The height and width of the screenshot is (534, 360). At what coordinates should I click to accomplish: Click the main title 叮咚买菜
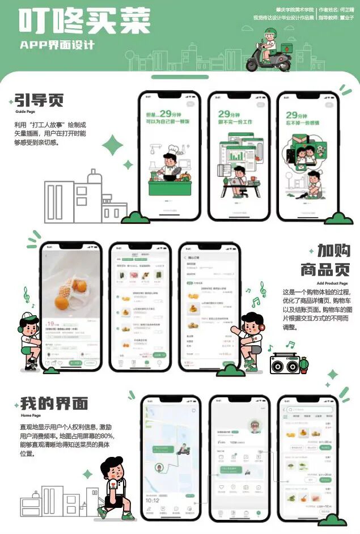pos(85,22)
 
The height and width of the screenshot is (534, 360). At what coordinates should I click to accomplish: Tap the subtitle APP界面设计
pos(57,45)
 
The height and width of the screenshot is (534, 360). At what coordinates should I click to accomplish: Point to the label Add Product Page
pos(332,283)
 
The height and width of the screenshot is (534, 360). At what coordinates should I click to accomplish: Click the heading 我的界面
pos(54,404)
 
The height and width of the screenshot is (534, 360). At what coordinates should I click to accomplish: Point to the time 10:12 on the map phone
pos(152,500)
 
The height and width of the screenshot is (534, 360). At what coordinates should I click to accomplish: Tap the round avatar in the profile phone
pos(256,426)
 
